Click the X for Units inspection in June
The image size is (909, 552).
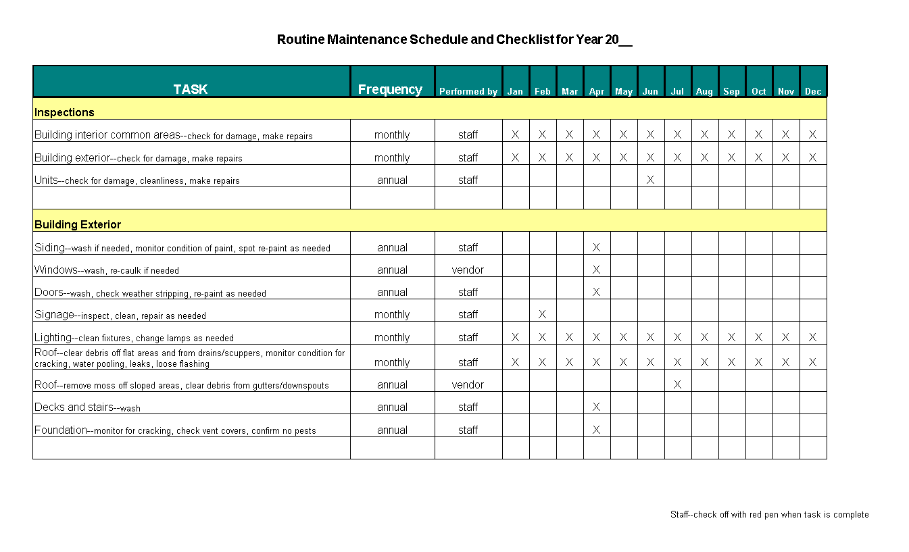coord(650,180)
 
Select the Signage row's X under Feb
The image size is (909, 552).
coord(542,314)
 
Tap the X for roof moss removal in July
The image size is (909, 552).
coord(677,384)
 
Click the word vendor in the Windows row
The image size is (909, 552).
coord(468,270)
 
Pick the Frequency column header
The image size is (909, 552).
coord(390,90)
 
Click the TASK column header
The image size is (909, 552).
coord(191,90)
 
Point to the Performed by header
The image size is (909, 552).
coord(468,91)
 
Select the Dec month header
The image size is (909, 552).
coord(813,91)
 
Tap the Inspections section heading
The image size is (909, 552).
coord(64,112)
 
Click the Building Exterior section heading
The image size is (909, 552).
coord(78,224)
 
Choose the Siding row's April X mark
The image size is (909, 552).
coord(596,247)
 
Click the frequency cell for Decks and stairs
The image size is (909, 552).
coord(392,407)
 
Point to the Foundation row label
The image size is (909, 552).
coord(61,430)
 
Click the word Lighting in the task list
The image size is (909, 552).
coord(53,337)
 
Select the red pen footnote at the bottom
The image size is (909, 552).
coord(769,514)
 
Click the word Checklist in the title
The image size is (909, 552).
coord(525,39)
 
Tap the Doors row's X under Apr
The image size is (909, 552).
coord(596,292)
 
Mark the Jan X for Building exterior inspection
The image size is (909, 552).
coord(515,157)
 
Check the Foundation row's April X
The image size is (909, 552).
coord(596,430)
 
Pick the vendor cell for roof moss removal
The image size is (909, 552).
coord(468,384)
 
